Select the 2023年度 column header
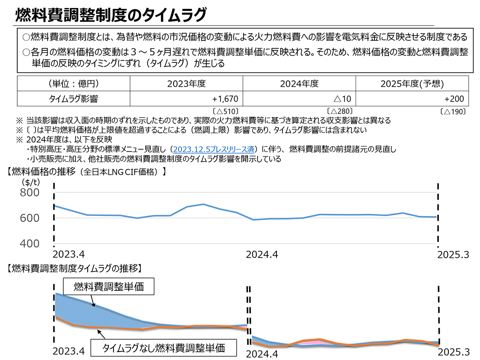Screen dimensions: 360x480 tap(186, 84)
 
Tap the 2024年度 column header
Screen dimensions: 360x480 tap(299, 84)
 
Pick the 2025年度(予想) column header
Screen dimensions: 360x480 tap(412, 84)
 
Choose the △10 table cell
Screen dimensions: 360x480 tap(342, 98)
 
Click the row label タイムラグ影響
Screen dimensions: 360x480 tap(74, 98)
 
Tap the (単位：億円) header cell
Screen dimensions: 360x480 tap(74, 84)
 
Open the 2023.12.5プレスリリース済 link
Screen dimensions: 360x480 tap(212, 150)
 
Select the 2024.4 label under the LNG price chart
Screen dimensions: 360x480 tap(262, 255)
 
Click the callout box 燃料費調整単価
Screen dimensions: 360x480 tap(108, 287)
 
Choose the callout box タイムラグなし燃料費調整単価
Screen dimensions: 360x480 tap(164, 348)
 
